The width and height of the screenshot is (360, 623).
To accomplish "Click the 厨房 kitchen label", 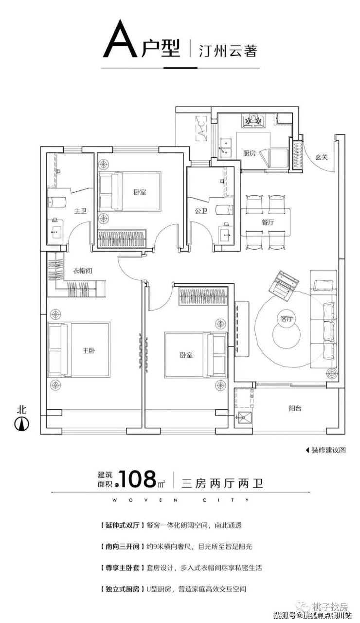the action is [x=249, y=153].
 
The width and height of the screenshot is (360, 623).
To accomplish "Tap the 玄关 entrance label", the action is [x=322, y=157].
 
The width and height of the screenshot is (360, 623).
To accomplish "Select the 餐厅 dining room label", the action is [x=268, y=222].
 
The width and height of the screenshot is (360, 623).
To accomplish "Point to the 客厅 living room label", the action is [x=287, y=318].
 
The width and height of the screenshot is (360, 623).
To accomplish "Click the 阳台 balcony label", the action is [x=295, y=408].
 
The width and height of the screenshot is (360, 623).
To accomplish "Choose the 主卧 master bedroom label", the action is [x=89, y=350].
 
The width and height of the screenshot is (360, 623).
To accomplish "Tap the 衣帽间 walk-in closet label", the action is [x=83, y=271].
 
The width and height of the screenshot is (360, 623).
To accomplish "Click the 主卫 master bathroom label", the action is [x=80, y=211].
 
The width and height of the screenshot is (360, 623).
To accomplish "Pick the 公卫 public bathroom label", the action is [x=201, y=211].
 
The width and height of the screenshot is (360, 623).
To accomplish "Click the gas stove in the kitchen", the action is [x=252, y=120].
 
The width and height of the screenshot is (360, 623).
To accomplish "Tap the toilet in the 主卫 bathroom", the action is [x=57, y=202].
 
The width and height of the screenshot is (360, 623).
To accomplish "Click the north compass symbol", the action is [x=22, y=424].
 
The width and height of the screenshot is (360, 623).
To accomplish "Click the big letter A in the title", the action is [x=120, y=38].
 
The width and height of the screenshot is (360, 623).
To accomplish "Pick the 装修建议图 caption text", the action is [x=328, y=450].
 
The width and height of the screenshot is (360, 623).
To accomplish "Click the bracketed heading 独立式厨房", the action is [x=122, y=589].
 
